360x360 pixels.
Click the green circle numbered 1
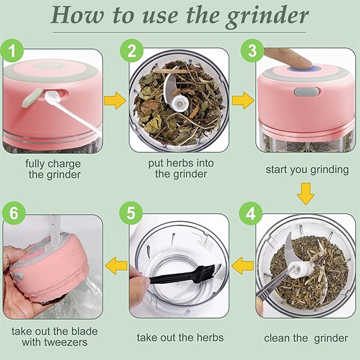tap(12, 50)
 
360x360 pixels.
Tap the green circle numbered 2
tap(131, 50)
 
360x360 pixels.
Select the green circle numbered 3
tap(252, 50)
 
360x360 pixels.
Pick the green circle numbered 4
tap(251, 213)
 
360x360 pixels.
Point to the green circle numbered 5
tap(131, 213)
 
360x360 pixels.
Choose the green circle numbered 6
tap(14, 213)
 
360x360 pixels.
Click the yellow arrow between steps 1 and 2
tap(115, 101)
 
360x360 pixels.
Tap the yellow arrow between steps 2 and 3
tap(243, 101)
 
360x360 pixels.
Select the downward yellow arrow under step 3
tap(306, 194)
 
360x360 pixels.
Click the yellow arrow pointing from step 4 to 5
tap(242, 266)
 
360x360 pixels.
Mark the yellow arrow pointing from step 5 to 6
tap(116, 266)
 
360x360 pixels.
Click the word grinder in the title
tap(267, 16)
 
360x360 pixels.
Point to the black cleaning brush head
tap(206, 273)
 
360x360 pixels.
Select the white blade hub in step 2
tap(180, 104)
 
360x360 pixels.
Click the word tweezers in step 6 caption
tap(66, 343)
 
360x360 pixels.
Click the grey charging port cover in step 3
tap(306, 92)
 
